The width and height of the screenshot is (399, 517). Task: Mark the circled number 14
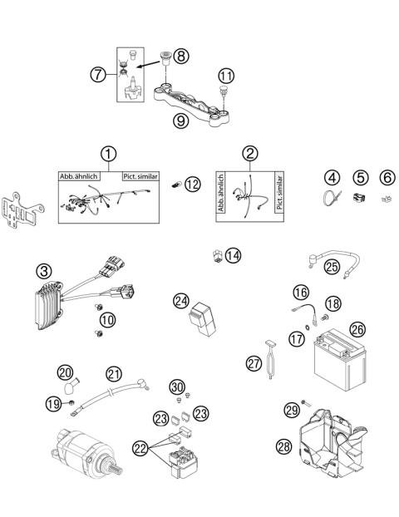pyautogui.click(x=232, y=255)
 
